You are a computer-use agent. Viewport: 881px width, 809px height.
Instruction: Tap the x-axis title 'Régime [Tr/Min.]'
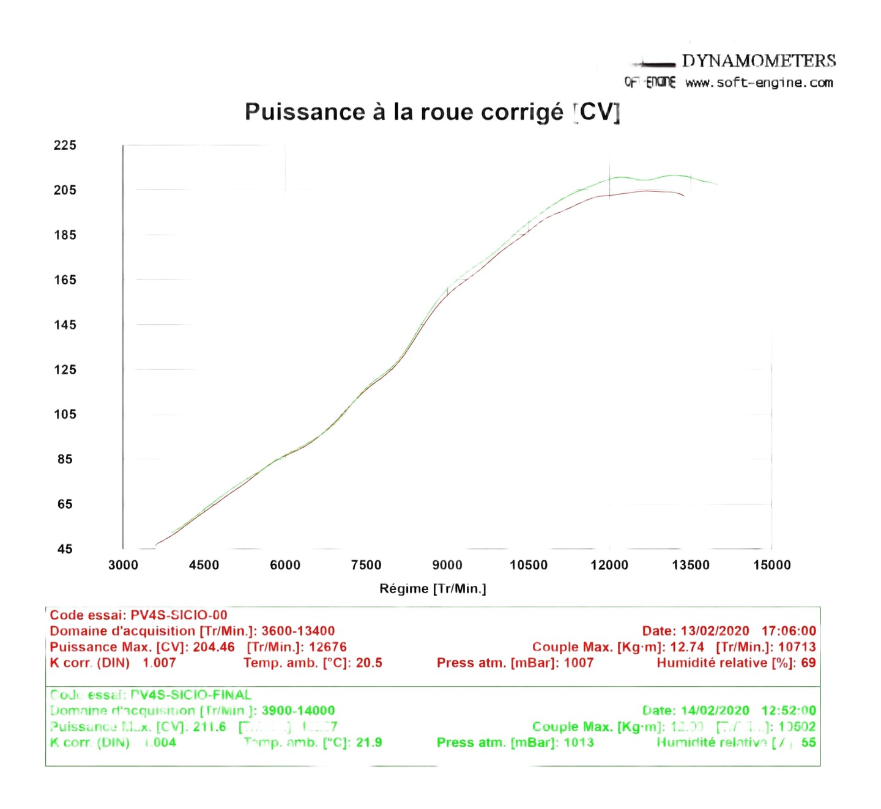pos(433,588)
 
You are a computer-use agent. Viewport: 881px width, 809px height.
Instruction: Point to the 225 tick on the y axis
pos(65,145)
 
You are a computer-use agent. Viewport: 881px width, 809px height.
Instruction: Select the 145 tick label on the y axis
pos(65,325)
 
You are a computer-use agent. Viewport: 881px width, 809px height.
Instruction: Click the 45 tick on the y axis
pos(65,549)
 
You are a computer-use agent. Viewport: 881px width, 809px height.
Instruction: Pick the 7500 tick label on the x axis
pos(366,565)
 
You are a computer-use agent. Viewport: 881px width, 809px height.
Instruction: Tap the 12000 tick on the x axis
pos(609,565)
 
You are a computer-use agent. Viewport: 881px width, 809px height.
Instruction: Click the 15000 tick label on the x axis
pos(771,565)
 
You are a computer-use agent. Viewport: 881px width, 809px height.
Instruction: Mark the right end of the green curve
pos(717,184)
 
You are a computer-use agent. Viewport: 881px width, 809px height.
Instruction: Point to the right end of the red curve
pos(683,196)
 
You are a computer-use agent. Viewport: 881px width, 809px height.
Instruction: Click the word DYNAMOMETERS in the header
pos(759,61)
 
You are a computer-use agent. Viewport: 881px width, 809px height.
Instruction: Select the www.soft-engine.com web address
pos(759,83)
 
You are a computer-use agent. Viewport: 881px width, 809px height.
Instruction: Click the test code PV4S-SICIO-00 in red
pos(179,615)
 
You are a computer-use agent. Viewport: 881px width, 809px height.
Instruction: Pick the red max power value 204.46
pos(214,647)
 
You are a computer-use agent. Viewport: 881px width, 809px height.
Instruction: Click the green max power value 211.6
pos(209,726)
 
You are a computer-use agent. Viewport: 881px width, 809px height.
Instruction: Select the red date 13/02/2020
pos(715,631)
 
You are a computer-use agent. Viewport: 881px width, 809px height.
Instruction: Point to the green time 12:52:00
pos(788,711)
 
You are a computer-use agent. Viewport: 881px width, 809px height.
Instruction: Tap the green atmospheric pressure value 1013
pos(578,742)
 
